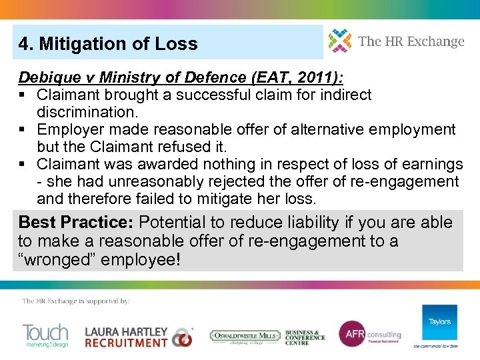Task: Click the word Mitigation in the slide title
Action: coord(78,44)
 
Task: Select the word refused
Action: coord(181,147)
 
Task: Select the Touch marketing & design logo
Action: coord(45,335)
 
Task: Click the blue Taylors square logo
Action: coord(439,322)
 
